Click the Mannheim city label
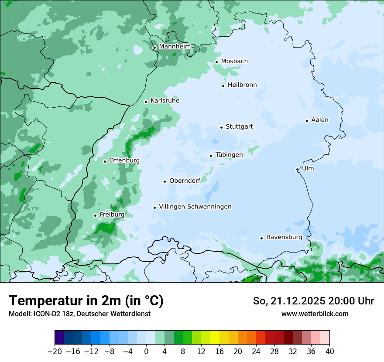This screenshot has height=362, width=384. [174, 47]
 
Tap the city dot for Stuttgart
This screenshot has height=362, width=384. [221, 127]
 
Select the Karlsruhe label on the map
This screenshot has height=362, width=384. [165, 101]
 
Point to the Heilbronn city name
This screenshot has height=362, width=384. [242, 85]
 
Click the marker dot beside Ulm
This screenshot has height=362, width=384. [297, 169]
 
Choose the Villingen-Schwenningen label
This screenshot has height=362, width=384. [195, 207]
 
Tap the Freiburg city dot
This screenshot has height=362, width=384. [95, 215]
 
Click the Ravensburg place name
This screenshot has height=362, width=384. [284, 237]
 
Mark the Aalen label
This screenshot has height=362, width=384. [320, 120]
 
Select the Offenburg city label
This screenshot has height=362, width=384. [124, 161]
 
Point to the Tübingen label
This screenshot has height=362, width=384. [229, 155]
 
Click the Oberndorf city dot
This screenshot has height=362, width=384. [165, 181]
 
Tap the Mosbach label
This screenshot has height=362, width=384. [234, 61]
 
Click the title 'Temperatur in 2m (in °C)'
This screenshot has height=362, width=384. [86, 301]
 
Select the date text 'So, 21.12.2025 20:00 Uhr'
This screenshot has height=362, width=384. [313, 301]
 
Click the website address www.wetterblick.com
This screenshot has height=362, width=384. [315, 314]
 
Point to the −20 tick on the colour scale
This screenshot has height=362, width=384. [55, 352]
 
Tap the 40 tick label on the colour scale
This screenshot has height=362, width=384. [329, 352]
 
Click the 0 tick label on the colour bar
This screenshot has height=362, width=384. [146, 352]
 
